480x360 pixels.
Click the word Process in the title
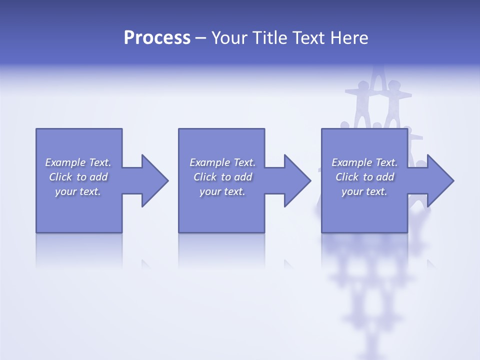tap(157, 38)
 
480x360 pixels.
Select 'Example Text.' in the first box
tap(78, 162)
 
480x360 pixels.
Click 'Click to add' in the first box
tap(78, 177)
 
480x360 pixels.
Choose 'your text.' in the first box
tap(78, 191)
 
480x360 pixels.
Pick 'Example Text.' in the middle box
tap(222, 162)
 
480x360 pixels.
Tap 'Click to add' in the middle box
tap(222, 177)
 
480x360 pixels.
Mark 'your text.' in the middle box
tap(222, 191)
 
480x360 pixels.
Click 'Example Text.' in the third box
tap(364, 162)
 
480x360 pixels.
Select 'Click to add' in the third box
tap(364, 177)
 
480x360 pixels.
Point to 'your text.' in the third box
tap(364, 191)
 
